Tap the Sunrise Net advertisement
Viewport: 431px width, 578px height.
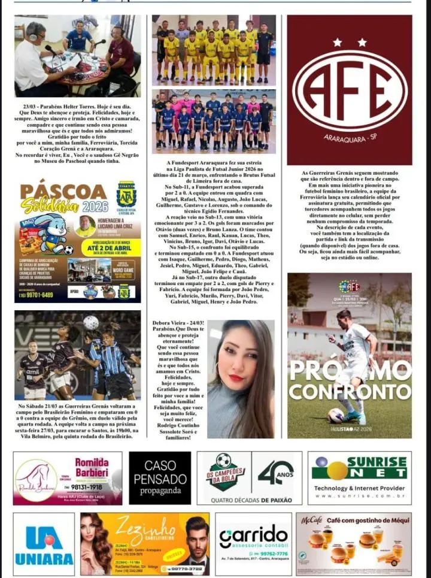(x=359, y=478)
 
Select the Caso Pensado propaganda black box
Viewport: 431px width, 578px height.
(x=160, y=478)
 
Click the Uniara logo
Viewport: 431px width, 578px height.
(x=44, y=544)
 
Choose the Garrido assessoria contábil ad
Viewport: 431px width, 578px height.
(x=253, y=544)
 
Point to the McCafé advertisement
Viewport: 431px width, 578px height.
(x=353, y=544)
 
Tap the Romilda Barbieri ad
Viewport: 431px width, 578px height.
(x=68, y=478)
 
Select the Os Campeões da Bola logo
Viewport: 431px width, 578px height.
(x=224, y=476)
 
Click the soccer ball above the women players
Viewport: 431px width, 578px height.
(x=91, y=323)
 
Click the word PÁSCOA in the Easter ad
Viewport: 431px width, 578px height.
(x=63, y=192)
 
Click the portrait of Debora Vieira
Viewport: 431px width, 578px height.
(x=241, y=379)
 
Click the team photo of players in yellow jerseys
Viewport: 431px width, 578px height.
(x=214, y=50)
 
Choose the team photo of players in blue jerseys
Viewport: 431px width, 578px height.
(x=214, y=120)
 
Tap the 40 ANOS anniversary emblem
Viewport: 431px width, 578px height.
(x=275, y=473)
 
